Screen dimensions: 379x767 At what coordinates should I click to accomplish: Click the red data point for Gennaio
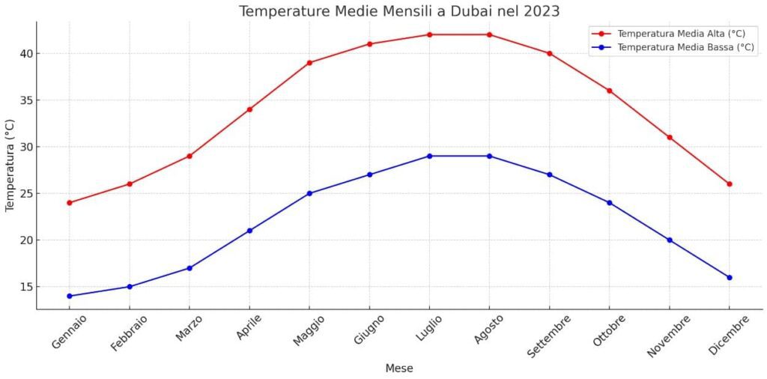70,203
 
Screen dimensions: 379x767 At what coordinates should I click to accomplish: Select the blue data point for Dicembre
729,278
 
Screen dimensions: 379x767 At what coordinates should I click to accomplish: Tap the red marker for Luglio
429,34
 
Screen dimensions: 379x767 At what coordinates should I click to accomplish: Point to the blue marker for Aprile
249,231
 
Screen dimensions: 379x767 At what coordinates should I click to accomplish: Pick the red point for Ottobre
609,91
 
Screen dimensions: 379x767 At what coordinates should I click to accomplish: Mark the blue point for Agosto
489,156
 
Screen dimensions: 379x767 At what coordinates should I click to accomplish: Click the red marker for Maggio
309,63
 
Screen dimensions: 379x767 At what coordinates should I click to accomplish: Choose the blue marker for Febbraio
130,287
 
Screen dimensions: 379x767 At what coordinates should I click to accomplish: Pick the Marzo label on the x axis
190,328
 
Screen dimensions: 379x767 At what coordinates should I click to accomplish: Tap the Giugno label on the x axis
369,329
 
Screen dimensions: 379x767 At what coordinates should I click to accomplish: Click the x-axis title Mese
399,369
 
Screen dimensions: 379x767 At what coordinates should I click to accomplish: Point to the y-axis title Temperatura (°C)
10,165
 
